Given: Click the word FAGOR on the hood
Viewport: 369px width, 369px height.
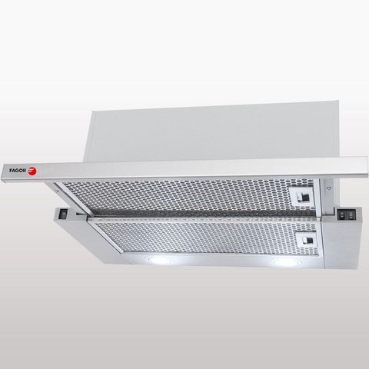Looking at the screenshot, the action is (x=18, y=170).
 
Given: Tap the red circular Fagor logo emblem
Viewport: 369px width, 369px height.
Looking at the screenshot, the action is (x=32, y=171).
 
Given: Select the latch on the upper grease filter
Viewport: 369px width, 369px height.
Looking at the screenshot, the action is (x=302, y=197).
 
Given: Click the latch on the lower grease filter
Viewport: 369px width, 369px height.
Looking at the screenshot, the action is (x=307, y=241).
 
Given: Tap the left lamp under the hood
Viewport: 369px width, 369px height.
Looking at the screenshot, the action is (x=159, y=260).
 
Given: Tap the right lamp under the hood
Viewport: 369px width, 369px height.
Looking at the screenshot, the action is (x=285, y=261).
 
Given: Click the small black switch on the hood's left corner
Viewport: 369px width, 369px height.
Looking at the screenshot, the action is (x=63, y=214).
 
